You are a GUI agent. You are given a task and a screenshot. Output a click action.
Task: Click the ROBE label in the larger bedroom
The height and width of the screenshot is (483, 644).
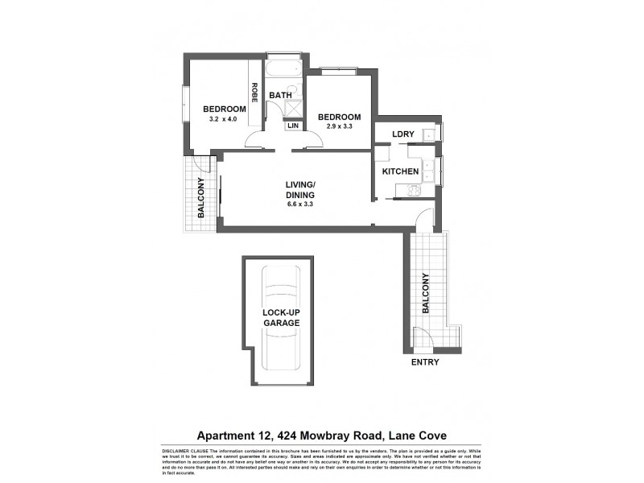(254, 95)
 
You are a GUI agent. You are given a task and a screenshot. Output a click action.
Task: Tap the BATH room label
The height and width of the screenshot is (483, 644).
(280, 95)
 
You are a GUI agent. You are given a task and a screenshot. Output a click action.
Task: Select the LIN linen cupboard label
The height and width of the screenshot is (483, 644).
(293, 126)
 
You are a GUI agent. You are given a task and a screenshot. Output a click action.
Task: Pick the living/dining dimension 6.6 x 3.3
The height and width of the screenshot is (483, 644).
(299, 204)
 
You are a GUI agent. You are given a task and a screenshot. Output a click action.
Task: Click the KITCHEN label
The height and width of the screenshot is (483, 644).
(400, 171)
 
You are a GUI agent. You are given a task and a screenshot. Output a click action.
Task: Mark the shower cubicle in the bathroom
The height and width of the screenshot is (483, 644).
(294, 109)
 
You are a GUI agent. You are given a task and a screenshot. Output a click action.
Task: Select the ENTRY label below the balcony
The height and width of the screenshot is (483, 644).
(426, 363)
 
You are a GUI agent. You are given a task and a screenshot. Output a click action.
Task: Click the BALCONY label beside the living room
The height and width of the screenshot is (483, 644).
(201, 196)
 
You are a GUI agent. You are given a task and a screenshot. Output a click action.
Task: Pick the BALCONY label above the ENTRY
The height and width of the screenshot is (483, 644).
(426, 293)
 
